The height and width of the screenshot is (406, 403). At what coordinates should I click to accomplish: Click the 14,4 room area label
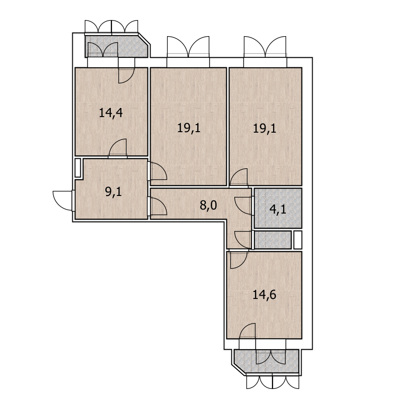pos(111,113)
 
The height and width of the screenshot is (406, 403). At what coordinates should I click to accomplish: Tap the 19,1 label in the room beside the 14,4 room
pos(189,128)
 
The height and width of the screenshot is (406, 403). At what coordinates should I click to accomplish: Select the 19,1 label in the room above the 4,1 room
pos(264,129)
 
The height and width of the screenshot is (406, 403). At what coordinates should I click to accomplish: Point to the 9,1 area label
pos(113,192)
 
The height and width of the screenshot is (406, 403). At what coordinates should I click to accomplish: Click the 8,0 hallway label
pos(208,206)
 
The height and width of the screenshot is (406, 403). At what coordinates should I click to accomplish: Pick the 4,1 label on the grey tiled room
pos(278,209)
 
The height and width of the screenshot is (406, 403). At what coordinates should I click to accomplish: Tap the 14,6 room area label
pos(264,294)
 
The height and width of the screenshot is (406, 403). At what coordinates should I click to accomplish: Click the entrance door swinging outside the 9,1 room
pos(63,201)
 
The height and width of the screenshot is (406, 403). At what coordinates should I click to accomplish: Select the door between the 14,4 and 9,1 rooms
pos(118,148)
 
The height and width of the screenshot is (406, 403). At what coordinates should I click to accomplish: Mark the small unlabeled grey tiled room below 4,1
pos(273,240)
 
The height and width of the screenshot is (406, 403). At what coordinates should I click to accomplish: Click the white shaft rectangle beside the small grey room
pos(298,240)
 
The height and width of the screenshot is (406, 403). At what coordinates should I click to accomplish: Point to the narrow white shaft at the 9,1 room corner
pos(78,168)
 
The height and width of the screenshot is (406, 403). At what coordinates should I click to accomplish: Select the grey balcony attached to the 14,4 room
pos(116,46)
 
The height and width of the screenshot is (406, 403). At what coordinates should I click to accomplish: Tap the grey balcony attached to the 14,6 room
pos(266,361)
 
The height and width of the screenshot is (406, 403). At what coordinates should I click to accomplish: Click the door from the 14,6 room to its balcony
pos(247,331)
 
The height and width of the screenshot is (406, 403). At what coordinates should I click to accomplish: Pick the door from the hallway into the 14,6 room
pos(238,259)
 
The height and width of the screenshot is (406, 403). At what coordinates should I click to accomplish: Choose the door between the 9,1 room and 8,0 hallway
pos(157,206)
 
